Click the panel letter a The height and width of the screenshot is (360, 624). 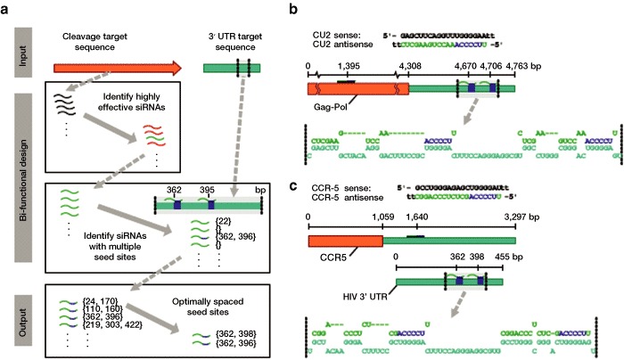tap(6, 7)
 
